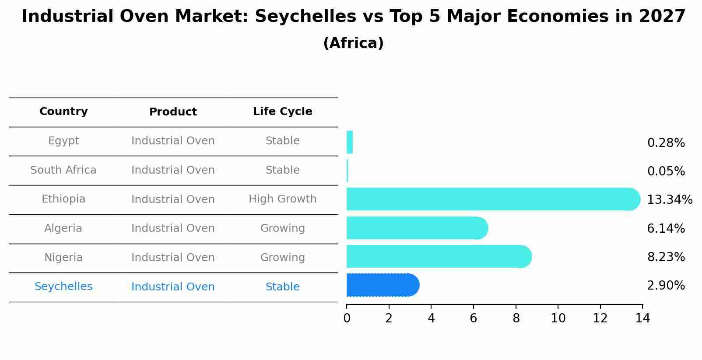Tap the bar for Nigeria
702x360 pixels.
(x=438, y=256)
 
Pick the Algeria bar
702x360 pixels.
(x=416, y=228)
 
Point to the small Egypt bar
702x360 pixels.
(x=349, y=142)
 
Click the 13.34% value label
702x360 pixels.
(x=669, y=200)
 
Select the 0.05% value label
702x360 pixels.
(x=666, y=171)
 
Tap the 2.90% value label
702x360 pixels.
(x=666, y=286)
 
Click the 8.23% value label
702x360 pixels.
(x=666, y=257)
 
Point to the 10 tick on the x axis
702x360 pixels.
(x=558, y=318)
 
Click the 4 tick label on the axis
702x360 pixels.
(x=431, y=318)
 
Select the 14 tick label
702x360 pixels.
(x=642, y=318)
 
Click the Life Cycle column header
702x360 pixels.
(x=282, y=112)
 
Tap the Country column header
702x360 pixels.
(x=63, y=112)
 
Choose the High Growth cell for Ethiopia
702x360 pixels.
(x=282, y=199)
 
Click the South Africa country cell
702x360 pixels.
(x=63, y=170)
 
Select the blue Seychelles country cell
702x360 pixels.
(x=63, y=287)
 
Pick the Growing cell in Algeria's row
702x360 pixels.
(x=282, y=228)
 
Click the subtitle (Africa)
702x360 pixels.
(x=353, y=43)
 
